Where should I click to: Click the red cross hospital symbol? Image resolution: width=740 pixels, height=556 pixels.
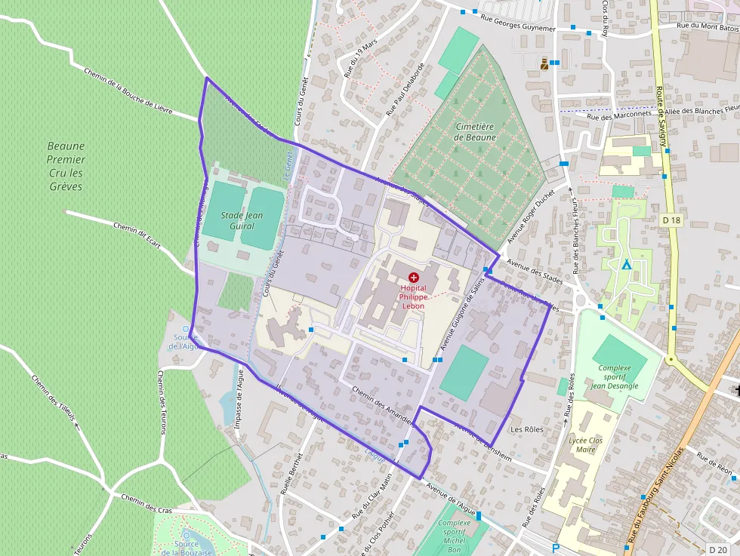point(413,278)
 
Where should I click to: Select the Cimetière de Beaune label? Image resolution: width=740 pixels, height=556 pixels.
point(475,132)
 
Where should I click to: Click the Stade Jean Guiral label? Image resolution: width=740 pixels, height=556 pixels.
point(242,220)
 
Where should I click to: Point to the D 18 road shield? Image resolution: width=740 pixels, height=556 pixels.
point(671,220)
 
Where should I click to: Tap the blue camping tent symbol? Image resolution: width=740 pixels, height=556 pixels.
point(626,264)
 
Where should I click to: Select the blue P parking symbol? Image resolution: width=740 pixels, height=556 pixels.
point(557,548)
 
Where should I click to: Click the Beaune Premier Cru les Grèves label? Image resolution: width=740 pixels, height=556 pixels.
point(66,166)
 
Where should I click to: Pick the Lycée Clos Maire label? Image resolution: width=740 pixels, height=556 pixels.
point(585,444)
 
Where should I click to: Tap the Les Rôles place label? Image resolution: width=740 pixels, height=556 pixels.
point(527,429)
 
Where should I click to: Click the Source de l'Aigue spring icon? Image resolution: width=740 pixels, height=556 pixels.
point(186,329)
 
